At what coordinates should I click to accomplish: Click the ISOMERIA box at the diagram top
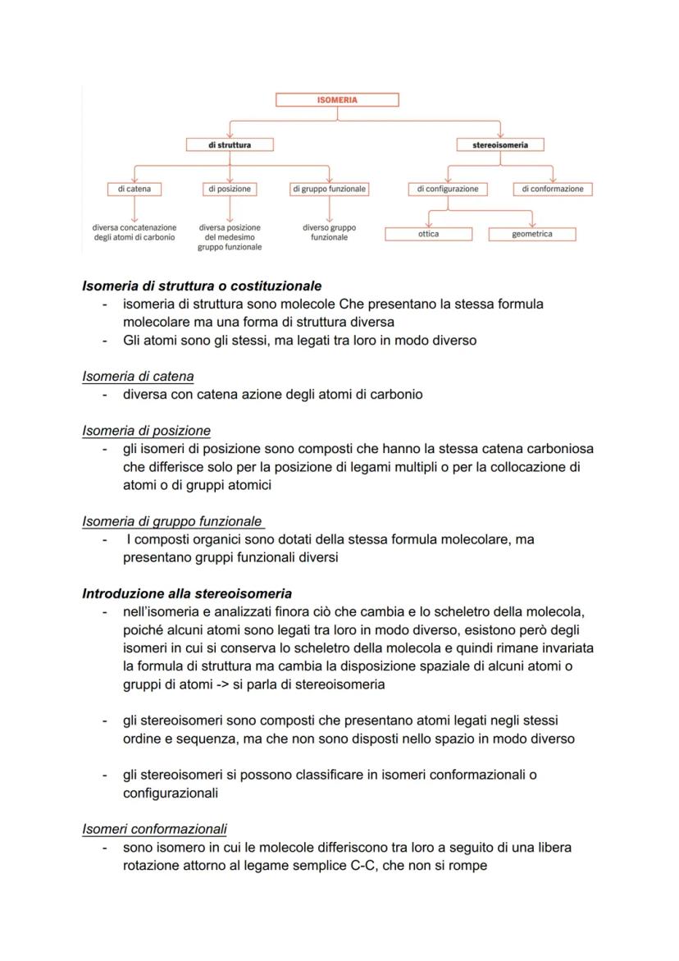(x=337, y=100)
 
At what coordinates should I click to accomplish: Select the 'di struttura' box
(x=229, y=144)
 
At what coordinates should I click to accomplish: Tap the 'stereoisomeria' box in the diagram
(x=500, y=144)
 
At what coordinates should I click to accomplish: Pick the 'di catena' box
(x=134, y=189)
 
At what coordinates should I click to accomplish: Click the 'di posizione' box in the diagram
(x=230, y=189)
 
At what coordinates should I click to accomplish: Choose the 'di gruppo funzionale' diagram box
(x=329, y=189)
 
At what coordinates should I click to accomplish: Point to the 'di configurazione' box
(x=447, y=189)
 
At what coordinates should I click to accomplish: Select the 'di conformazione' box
(x=552, y=189)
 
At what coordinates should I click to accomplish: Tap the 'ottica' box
(x=428, y=234)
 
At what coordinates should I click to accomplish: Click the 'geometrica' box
(x=531, y=234)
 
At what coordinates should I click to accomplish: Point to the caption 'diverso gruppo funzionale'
(x=329, y=232)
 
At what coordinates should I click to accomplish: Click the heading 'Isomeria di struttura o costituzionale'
(x=202, y=286)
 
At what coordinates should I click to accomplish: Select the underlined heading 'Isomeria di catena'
(x=138, y=377)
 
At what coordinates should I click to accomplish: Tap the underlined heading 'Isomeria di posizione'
(x=146, y=431)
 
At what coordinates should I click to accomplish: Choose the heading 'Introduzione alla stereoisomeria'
(x=187, y=593)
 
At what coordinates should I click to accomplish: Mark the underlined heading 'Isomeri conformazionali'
(x=154, y=829)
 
